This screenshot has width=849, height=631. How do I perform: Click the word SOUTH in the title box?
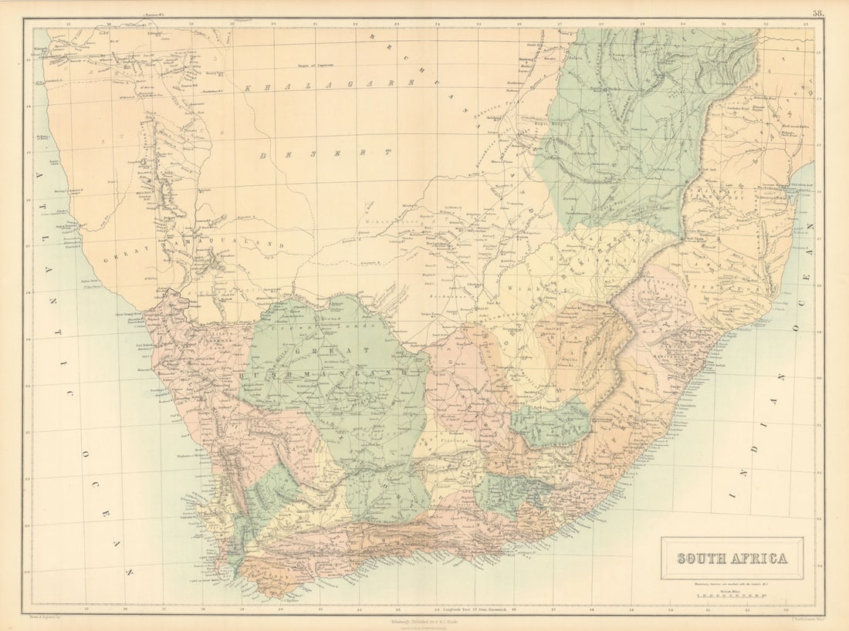[702, 558]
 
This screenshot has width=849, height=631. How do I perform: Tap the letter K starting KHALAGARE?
[250, 88]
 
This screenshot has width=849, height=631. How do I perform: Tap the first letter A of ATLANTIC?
[39, 176]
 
